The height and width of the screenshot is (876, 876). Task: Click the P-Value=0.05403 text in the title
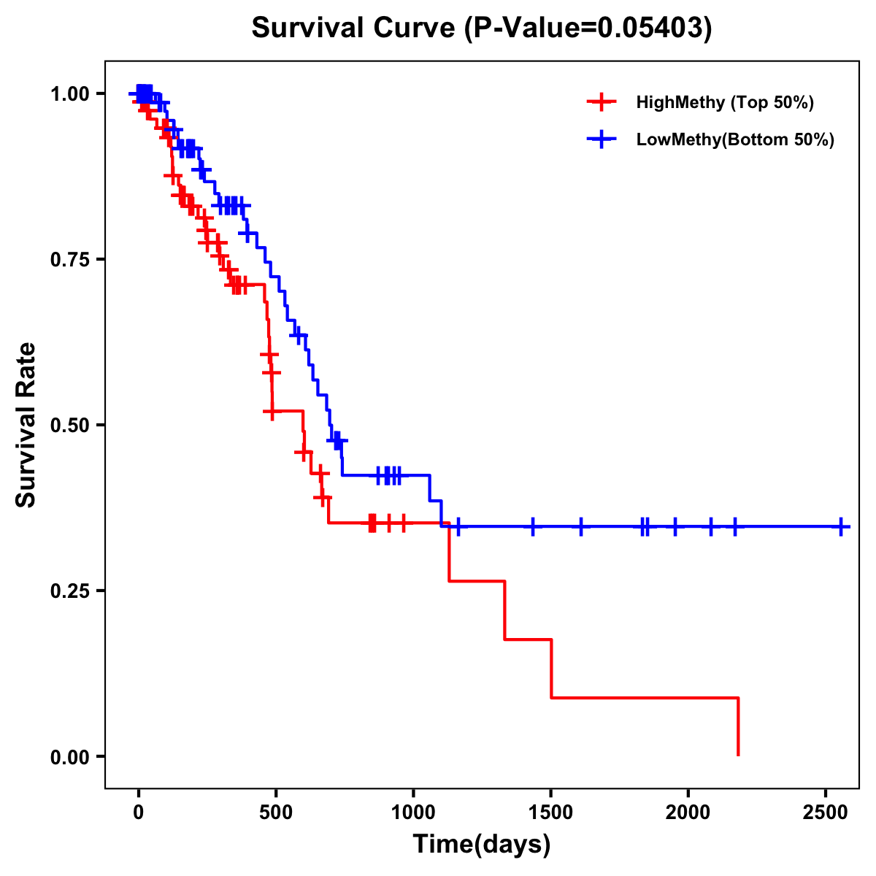point(589,28)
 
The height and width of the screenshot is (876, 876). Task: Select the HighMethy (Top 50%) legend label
point(724,102)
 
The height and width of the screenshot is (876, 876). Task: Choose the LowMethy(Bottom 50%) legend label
point(735,139)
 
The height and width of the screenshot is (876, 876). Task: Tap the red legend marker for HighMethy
point(601,102)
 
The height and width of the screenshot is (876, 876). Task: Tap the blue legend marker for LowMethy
point(601,139)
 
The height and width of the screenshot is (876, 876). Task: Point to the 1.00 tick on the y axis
point(70,94)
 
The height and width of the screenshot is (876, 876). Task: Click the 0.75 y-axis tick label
point(70,260)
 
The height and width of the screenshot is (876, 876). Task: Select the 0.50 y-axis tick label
point(70,426)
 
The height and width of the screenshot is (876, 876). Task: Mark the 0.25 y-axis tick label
point(70,591)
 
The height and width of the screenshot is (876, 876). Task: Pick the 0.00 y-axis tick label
point(70,757)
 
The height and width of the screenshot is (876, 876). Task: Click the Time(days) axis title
point(482,845)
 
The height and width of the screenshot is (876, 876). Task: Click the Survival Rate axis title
point(26,425)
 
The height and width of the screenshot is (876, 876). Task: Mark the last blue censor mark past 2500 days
point(842,526)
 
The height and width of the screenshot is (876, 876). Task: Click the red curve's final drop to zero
point(738,727)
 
